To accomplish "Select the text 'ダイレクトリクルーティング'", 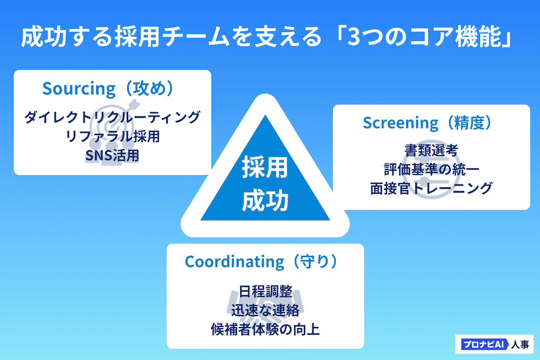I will click(x=112, y=117).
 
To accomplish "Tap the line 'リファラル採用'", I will click(x=112, y=136).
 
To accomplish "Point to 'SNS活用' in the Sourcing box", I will click(x=112, y=155).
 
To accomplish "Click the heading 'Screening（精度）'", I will click(x=428, y=123).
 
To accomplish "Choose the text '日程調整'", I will click(x=265, y=291).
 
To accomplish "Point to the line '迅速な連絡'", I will click(x=265, y=310).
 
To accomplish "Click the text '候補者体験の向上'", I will click(x=265, y=329).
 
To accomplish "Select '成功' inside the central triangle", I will click(x=265, y=201).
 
